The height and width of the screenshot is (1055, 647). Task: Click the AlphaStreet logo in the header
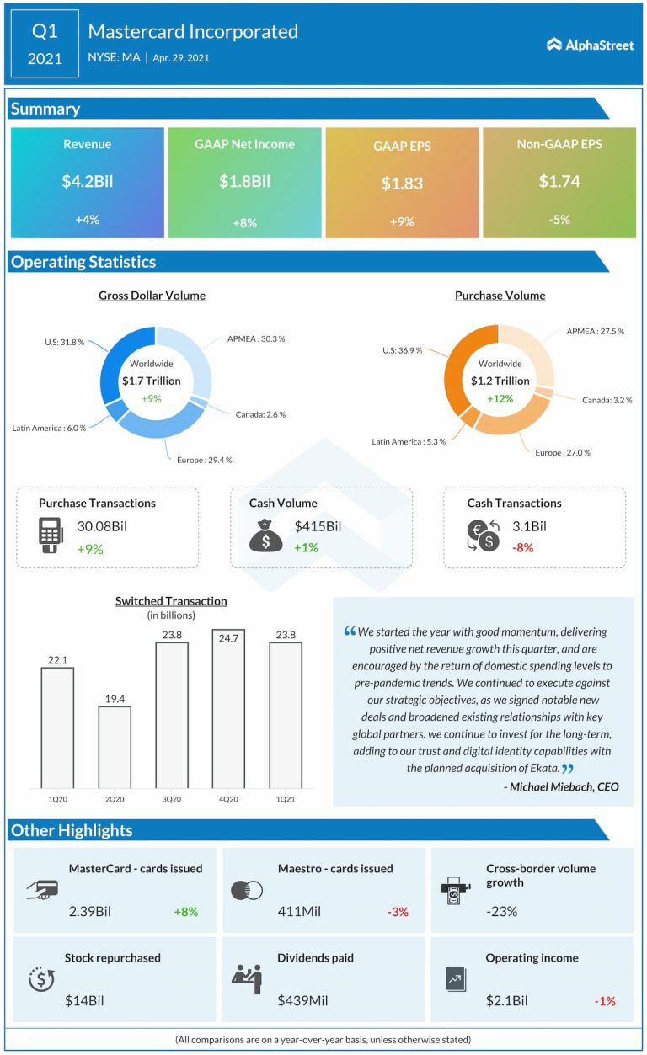(x=590, y=45)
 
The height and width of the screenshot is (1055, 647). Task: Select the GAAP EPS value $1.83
(x=402, y=183)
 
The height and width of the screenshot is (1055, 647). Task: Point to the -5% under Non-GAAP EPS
(x=559, y=219)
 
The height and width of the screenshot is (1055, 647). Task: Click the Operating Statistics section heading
(x=83, y=262)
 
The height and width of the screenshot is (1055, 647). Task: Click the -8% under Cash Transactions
(x=522, y=547)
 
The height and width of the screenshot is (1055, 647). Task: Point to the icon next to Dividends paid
(x=247, y=978)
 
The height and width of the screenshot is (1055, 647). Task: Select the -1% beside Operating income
(x=604, y=1001)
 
